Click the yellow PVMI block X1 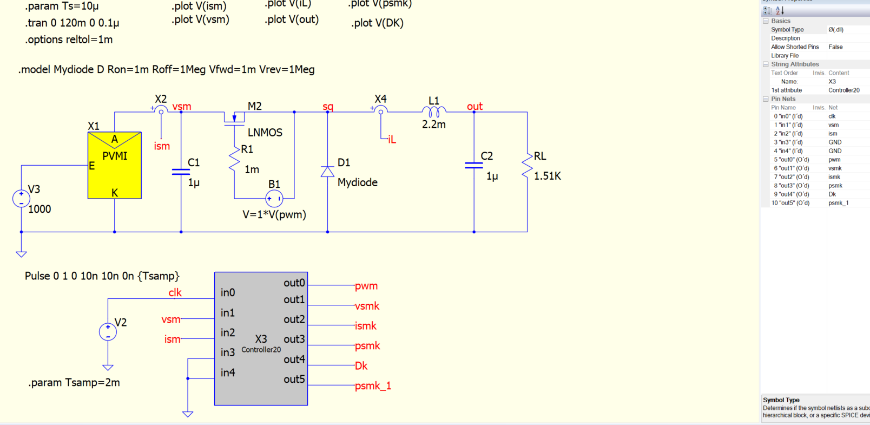[115, 165]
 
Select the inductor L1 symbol [434, 112]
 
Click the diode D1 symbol [327, 172]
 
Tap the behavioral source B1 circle [274, 199]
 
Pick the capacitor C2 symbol [474, 165]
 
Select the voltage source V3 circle [21, 198]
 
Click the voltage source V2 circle [108, 331]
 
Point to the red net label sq [328, 107]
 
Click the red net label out [474, 107]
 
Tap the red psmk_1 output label [373, 386]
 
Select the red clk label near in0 [175, 293]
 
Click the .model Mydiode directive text [166, 70]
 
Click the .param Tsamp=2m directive [74, 383]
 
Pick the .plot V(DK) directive [377, 23]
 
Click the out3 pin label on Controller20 [294, 339]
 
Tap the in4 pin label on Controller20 [228, 373]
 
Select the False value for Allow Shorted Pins [835, 47]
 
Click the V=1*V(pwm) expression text [274, 215]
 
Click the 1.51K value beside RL [547, 176]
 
